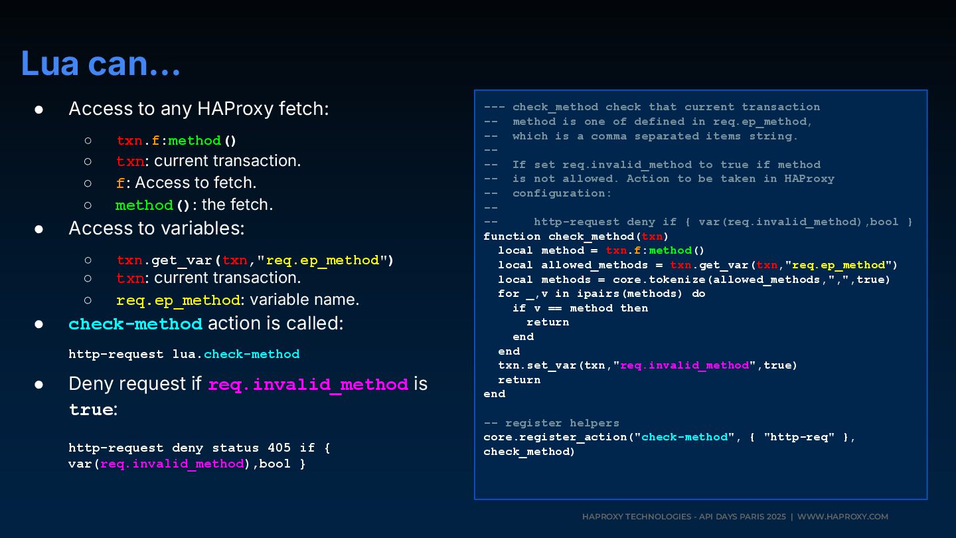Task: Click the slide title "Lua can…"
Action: pos(101,64)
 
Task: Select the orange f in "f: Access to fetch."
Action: pos(120,183)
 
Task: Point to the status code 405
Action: pos(278,448)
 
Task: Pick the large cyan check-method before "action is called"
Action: pos(135,324)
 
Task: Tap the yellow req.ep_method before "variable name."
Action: pos(178,300)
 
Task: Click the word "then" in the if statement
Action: pos(633,308)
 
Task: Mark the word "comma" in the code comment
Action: pos(609,136)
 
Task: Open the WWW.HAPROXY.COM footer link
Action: pos(842,517)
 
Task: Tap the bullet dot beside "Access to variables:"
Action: pos(39,229)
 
